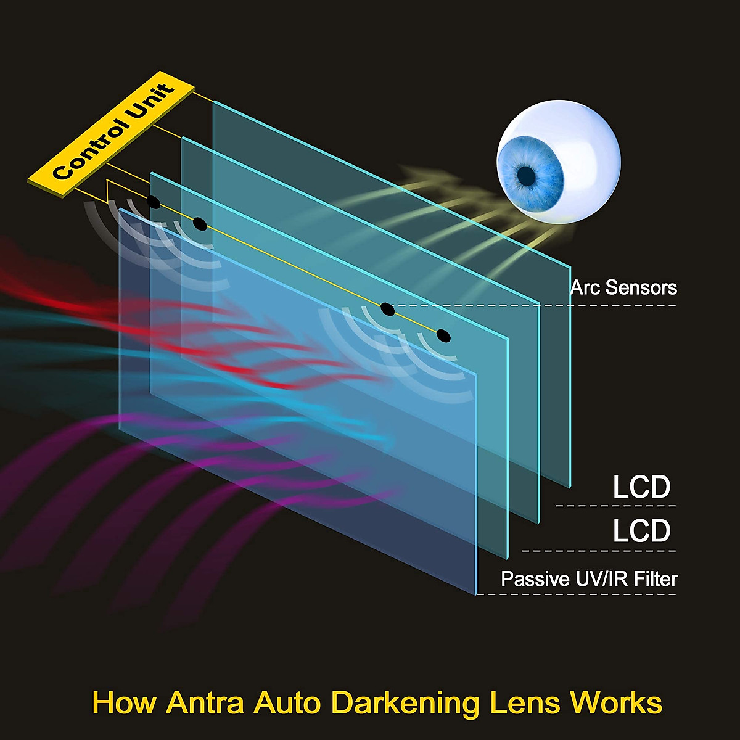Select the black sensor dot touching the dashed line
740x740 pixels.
coord(387,309)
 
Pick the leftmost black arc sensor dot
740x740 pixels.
coord(154,202)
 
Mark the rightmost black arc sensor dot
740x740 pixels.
coord(443,335)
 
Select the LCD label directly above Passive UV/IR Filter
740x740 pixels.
coord(642,530)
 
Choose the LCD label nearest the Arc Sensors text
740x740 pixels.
coord(642,487)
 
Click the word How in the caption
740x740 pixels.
coord(125,702)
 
